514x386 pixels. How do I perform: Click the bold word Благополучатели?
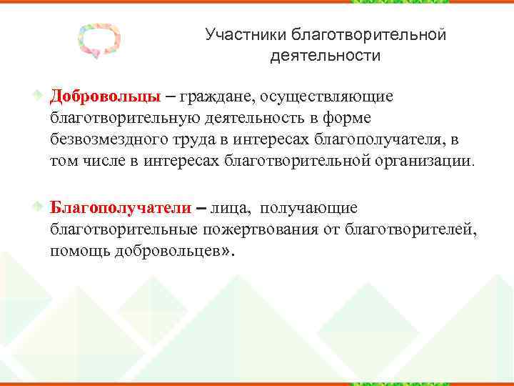(120, 208)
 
